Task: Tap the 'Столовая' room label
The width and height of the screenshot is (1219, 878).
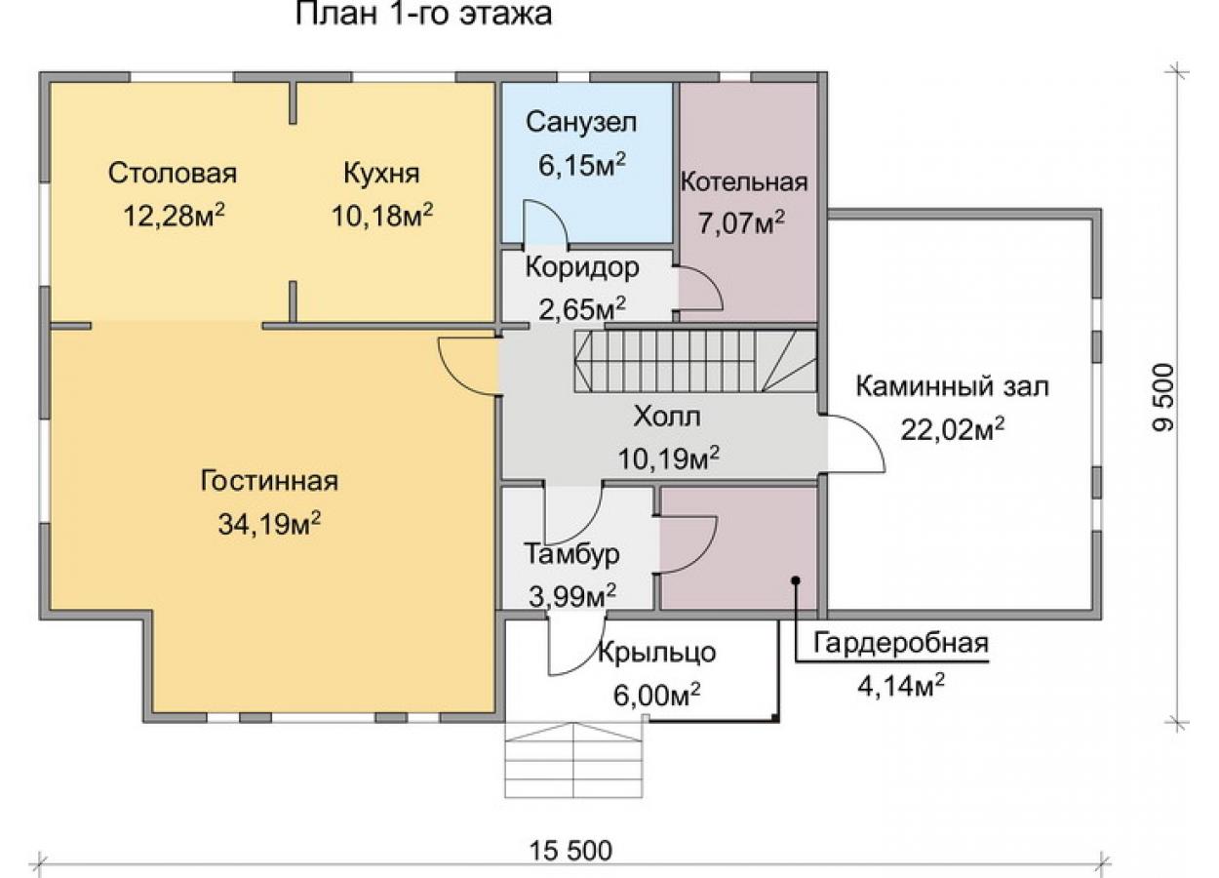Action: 173,174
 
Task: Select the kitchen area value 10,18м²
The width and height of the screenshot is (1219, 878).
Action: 382,216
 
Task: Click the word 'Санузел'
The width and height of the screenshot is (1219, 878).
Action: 580,123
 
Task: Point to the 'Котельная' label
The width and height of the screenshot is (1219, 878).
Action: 744,181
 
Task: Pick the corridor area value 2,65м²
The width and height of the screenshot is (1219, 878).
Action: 582,309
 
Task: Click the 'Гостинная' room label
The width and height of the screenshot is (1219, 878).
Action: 269,481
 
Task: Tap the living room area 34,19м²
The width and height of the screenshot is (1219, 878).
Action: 269,524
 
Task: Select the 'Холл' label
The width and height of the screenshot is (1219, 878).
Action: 667,417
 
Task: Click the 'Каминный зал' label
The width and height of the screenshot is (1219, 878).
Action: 953,387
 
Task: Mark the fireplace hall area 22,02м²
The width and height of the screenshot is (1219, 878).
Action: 953,429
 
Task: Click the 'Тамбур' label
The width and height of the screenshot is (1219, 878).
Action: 571,555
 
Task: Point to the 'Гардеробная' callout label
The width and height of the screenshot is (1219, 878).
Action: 901,644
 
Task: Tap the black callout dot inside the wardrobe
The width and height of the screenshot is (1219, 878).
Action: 796,580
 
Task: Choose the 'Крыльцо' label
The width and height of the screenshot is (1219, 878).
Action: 657,653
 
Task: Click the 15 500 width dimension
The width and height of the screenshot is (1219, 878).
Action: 570,851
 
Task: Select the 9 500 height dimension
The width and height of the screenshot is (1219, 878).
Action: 1164,398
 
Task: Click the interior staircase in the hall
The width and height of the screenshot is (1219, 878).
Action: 695,362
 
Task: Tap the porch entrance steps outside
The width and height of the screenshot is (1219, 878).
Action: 573,760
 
